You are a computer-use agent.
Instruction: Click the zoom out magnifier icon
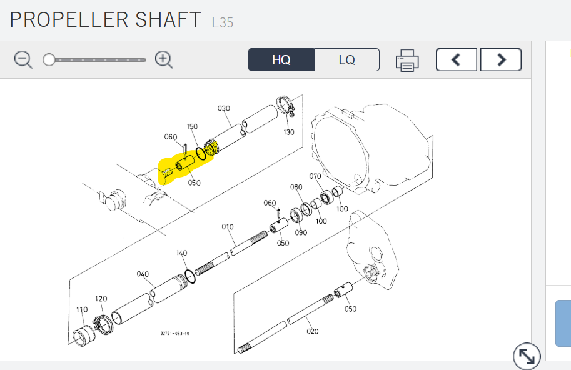point(23,59)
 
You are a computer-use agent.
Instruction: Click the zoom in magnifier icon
point(164,59)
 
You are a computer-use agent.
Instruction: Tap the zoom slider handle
point(49,59)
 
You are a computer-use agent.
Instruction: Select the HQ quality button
point(281,59)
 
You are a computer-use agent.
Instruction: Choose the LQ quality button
point(346,59)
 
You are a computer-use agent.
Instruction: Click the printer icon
point(407,61)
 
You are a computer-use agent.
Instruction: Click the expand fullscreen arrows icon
point(527,356)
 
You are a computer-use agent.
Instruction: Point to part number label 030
point(224,108)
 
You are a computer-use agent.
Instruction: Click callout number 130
point(289,132)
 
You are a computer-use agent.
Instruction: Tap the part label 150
point(192,126)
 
